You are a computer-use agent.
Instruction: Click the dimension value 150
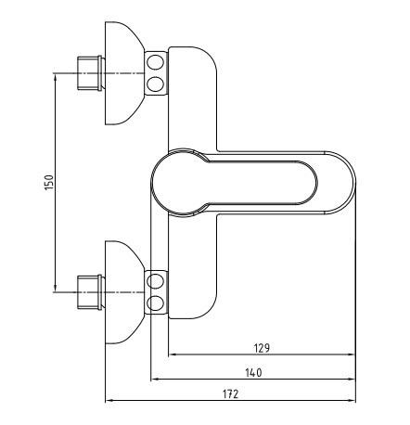pos(49,183)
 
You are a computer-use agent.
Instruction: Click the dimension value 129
pos(262,348)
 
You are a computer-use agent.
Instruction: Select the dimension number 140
pos(253,373)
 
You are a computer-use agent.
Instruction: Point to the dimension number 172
pos(231,394)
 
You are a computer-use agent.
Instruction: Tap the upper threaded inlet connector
pos(90,73)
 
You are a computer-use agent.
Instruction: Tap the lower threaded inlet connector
pos(90,292)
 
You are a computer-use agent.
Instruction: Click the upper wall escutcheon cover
pos(124,73)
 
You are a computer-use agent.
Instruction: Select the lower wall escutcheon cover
pos(124,292)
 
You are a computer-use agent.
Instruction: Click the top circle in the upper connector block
pos(155,61)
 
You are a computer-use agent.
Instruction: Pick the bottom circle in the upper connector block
pos(155,84)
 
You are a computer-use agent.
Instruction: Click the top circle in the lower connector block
pos(155,281)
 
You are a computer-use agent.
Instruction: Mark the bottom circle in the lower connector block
pos(155,303)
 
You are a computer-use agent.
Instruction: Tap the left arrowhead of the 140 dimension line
pos(155,379)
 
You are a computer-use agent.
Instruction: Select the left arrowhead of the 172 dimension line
pos(109,401)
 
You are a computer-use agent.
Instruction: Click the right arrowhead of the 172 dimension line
pos(352,401)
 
